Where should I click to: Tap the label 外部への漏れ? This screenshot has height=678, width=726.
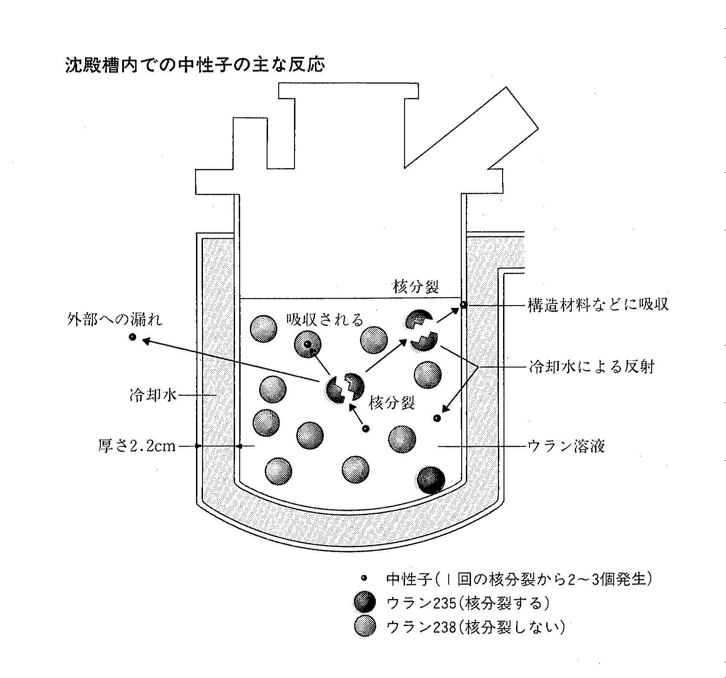click(115, 320)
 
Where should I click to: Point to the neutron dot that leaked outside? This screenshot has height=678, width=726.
click(133, 337)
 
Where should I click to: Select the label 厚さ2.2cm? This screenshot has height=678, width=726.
click(137, 446)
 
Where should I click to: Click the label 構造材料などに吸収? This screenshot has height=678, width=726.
click(598, 305)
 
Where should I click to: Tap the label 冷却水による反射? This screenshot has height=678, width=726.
click(591, 367)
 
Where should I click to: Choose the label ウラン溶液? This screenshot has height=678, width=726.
click(566, 446)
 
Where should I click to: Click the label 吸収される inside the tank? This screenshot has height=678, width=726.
click(324, 320)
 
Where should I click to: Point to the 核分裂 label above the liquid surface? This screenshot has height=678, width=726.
click(416, 287)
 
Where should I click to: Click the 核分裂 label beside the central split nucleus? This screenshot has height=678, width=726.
click(392, 403)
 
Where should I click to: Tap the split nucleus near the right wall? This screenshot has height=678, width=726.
click(422, 331)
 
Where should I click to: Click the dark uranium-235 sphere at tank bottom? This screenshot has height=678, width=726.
click(431, 480)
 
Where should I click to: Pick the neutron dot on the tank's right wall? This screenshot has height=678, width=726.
click(463, 305)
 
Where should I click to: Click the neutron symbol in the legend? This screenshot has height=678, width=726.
click(364, 578)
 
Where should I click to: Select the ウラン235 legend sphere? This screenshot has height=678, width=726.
click(365, 602)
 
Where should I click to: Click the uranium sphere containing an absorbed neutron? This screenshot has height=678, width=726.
click(307, 344)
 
